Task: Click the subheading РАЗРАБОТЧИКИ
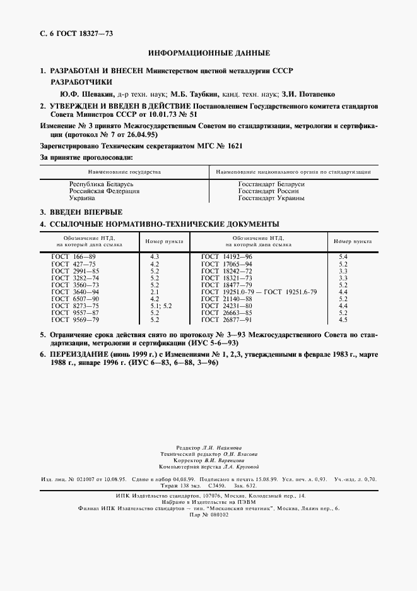(81, 81)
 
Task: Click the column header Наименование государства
(124, 172)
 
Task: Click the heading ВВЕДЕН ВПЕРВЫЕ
(86, 212)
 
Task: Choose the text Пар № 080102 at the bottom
(208, 515)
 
